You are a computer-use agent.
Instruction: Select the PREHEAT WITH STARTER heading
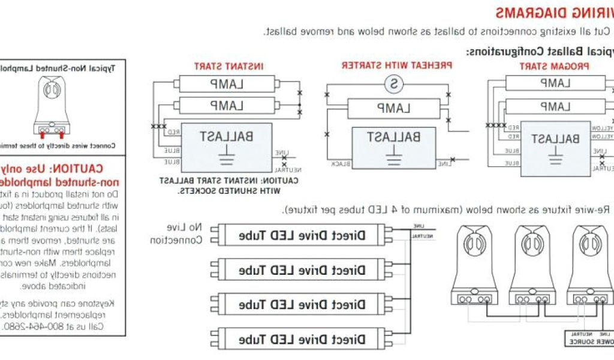[x=396, y=65]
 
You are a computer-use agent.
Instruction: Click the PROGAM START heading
[x=554, y=66]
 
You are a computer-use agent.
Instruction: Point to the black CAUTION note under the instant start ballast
[x=230, y=185]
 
